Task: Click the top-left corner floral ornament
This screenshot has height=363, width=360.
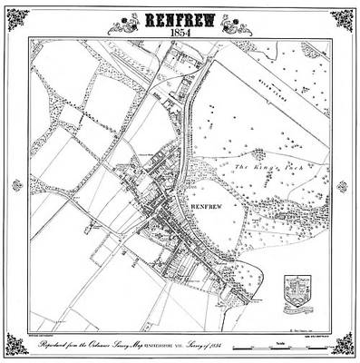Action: pos(18,18)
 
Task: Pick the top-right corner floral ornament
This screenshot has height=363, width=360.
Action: pos(342,18)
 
